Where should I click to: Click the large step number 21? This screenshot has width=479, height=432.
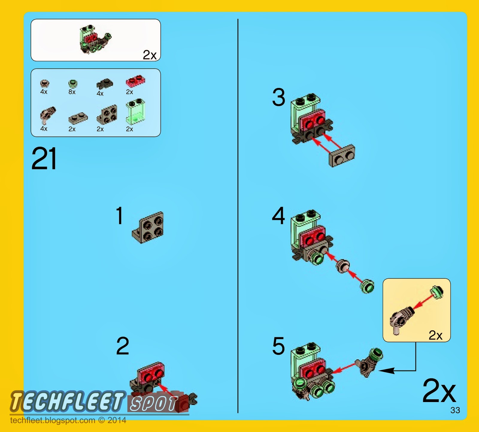coord(44,158)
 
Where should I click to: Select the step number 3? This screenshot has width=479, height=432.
coord(278,97)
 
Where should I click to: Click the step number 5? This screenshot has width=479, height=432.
coord(278,346)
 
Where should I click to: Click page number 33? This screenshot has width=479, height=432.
coord(455,410)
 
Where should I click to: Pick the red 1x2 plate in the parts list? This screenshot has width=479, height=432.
coord(135,81)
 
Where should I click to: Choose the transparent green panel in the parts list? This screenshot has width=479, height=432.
coord(135,111)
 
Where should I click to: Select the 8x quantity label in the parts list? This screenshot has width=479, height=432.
coord(72,92)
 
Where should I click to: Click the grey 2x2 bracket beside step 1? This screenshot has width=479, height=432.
coord(148,227)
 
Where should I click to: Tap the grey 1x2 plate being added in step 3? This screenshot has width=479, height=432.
coord(342,155)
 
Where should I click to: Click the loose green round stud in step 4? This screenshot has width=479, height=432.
coord(367,287)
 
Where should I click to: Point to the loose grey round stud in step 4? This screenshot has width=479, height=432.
coord(343,266)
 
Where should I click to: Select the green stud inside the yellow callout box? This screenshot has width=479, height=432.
coord(437,292)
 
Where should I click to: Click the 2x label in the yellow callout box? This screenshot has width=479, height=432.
coord(435,335)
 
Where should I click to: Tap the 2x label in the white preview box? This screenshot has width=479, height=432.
coord(150,55)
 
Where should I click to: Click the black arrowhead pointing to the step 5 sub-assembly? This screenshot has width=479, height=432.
coord(386,371)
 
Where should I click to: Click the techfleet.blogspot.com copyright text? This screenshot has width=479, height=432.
coord(68,420)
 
